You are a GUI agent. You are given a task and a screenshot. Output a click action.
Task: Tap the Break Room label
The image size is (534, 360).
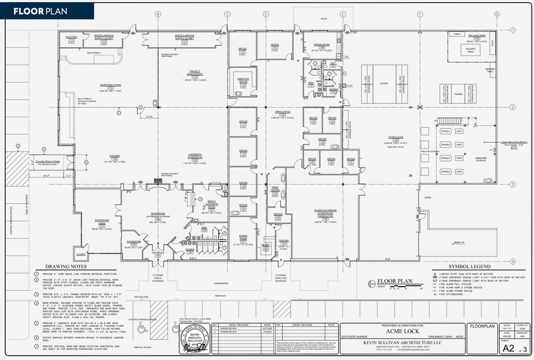tap(322, 45)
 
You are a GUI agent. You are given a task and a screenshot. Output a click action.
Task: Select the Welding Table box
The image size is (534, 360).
tap(471, 50)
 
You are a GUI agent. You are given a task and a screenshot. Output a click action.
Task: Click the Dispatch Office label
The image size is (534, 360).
tap(243, 80)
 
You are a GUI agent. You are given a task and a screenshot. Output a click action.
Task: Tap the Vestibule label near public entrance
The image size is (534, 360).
tap(157, 252)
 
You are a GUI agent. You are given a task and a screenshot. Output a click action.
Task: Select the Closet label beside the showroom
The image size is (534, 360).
tap(81, 253)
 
